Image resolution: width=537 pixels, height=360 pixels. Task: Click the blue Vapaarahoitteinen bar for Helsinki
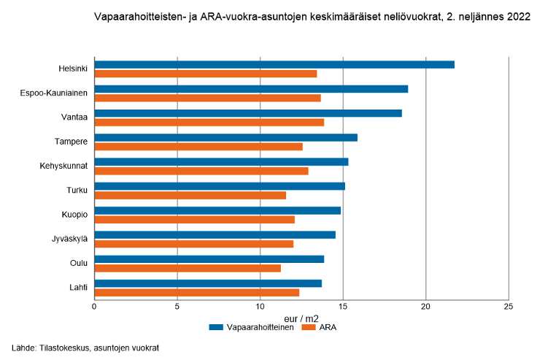click(x=274, y=64)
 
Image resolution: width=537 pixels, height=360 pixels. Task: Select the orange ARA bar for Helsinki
click(x=206, y=74)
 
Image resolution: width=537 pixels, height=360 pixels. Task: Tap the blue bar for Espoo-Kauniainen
click(x=251, y=89)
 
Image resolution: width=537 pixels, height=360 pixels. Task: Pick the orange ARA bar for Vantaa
click(x=209, y=122)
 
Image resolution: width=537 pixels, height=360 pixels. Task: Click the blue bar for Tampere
click(x=226, y=137)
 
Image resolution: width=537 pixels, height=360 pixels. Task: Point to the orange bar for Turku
click(x=190, y=195)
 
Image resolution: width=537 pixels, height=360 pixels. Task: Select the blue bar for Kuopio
click(x=217, y=210)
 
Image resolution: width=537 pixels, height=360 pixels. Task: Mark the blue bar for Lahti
click(x=208, y=283)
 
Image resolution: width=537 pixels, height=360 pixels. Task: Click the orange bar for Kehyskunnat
click(x=201, y=171)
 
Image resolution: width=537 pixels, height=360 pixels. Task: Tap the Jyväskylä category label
click(x=70, y=239)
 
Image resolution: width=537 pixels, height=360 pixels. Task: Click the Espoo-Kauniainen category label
click(x=55, y=93)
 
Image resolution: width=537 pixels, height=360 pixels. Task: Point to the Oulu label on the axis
click(x=79, y=263)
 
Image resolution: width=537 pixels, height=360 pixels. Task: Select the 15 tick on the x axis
click(x=343, y=306)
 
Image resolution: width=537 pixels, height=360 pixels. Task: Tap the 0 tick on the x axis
click(x=94, y=306)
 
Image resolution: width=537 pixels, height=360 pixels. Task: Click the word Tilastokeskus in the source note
click(x=58, y=348)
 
